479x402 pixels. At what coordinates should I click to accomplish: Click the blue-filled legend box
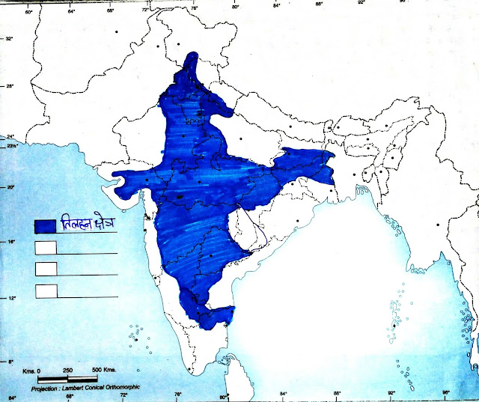click(x=45, y=225)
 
